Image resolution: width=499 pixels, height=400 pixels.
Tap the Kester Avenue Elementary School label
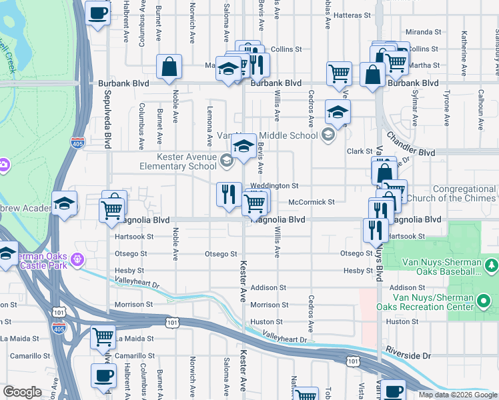(x=178, y=161)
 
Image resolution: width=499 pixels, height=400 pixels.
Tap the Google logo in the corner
(x=22, y=392)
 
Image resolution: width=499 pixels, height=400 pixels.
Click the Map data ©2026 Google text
(x=458, y=395)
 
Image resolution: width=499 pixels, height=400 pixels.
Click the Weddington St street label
(x=274, y=186)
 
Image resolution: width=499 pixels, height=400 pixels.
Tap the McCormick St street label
(x=311, y=202)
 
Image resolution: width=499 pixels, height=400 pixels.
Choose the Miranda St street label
(x=424, y=32)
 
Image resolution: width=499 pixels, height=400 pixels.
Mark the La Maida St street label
(x=133, y=339)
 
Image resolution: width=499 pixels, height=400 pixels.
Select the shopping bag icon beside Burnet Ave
(x=169, y=67)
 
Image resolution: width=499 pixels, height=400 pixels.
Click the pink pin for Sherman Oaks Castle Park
(x=78, y=258)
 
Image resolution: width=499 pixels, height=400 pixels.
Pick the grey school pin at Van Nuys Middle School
(x=327, y=135)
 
